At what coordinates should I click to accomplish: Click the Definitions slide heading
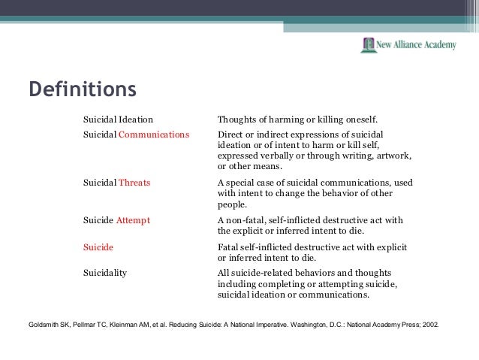coord(82,89)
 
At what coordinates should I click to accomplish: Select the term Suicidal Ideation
coord(118,119)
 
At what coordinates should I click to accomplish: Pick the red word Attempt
coord(134,220)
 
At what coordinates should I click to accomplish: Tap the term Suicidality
coord(105,273)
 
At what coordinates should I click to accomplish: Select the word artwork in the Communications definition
coord(393,156)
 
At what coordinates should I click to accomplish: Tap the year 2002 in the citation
coord(429,326)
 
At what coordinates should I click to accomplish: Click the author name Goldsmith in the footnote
coord(44,326)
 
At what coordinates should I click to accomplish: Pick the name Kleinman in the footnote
coord(131,326)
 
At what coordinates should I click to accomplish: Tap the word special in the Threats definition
coord(240,183)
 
